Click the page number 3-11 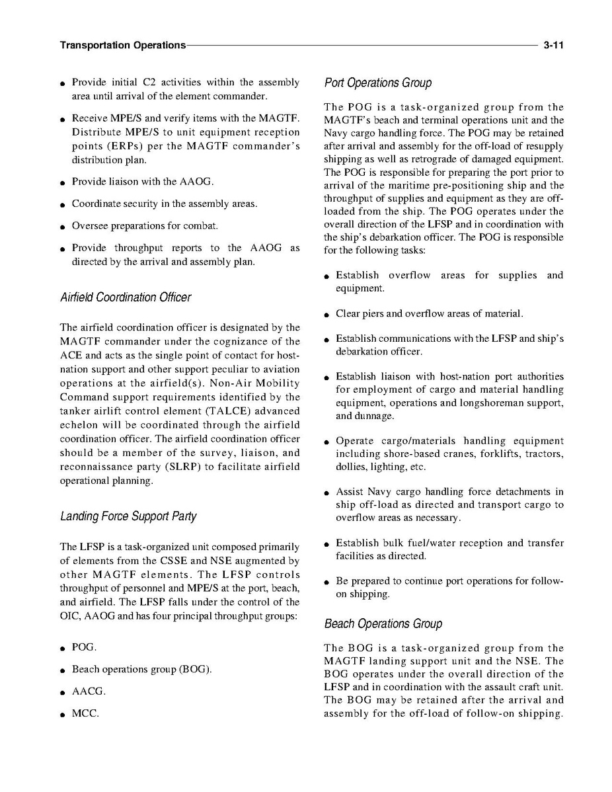point(553,46)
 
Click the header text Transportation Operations point(122,46)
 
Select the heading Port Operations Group point(377,83)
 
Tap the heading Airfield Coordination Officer point(125,297)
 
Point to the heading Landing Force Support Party point(128,516)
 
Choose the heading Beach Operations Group point(383,624)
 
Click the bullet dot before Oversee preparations point(61,227)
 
